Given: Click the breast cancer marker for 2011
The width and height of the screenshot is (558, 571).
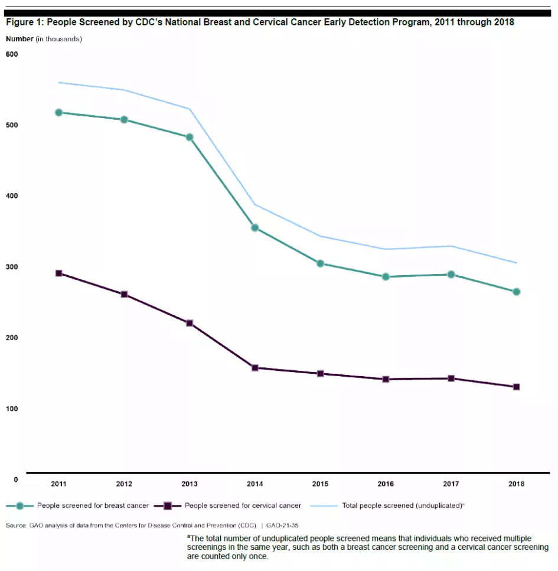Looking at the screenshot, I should point(58,112).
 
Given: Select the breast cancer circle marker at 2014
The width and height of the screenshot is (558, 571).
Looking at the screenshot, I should point(255,227).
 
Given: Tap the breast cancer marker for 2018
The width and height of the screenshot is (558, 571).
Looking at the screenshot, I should point(517,292).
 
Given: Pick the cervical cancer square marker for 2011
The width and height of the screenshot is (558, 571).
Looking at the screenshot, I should point(58,273).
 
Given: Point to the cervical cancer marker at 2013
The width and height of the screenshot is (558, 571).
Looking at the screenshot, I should point(190,323).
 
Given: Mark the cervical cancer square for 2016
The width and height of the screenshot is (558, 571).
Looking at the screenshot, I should point(386,379).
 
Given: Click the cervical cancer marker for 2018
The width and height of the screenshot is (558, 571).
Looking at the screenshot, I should point(517,387).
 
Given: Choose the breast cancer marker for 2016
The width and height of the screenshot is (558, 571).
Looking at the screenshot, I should point(386,276).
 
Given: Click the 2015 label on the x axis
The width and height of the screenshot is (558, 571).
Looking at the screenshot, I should point(320,484).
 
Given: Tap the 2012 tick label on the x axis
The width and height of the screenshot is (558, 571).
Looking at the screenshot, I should point(124,484).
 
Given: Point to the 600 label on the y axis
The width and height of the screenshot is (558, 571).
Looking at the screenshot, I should point(12,54).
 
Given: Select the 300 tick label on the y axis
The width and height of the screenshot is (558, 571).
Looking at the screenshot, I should point(12,267).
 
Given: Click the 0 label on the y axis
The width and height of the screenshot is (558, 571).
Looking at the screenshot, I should point(16,479).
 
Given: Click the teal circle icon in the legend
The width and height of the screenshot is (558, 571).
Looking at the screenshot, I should point(19,505).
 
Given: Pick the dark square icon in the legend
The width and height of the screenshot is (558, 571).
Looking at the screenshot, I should point(168,505).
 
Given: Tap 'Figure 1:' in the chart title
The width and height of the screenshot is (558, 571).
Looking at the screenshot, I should point(24,23).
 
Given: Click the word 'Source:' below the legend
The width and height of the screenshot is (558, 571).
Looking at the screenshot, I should point(16,525).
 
